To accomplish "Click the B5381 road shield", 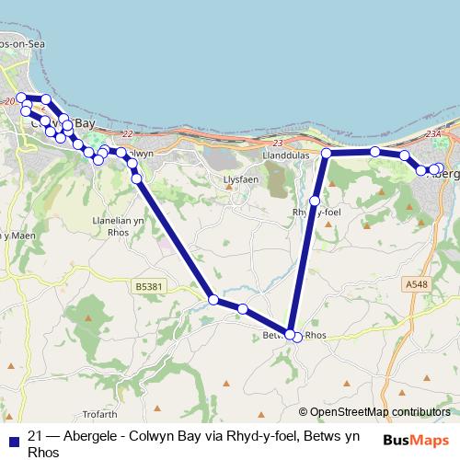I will pos(149,287).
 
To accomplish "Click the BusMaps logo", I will pos(416,440).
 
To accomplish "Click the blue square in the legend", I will pos(13,440).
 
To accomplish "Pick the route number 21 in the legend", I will pos(37,437).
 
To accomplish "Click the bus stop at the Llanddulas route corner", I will pos(327,153).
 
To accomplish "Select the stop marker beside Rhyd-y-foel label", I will pos(315,201).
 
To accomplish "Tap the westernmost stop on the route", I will pos(21,97).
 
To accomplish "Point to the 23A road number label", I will pos(434,134).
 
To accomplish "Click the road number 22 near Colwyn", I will pos(127,134).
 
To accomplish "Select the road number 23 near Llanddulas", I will pos(279,143).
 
